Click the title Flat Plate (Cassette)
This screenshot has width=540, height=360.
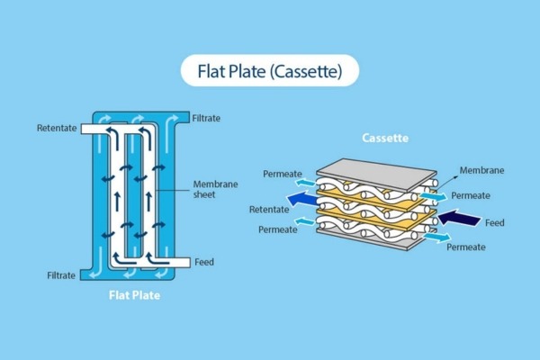tap(270, 69)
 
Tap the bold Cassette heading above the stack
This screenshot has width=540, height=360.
tap(385, 139)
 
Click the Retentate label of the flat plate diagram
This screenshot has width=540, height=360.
tap(58, 129)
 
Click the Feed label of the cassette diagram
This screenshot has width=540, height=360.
tap(494, 221)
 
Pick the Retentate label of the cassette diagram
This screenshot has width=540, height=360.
tap(269, 210)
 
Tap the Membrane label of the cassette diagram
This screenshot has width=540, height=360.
tap(481, 170)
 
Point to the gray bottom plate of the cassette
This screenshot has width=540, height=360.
tap(378, 238)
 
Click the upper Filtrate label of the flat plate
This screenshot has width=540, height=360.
tap(207, 118)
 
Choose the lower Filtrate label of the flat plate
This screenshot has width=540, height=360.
tap(64, 274)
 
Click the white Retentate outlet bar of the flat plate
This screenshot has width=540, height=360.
tap(99, 130)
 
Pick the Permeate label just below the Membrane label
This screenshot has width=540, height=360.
tap(470, 195)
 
